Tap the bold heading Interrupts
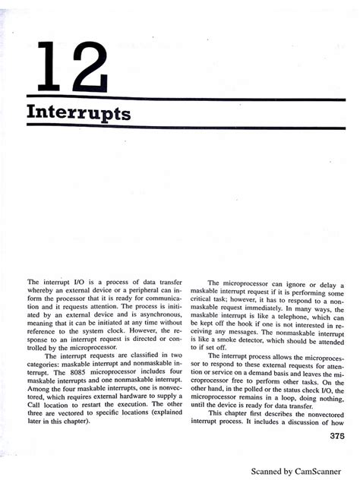(78, 113)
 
